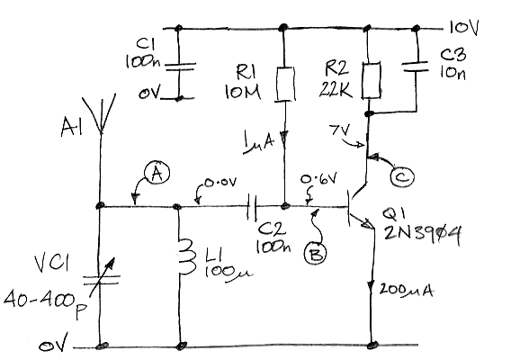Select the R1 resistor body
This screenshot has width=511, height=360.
pos(285,84)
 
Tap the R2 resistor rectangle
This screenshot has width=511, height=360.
pos(372,80)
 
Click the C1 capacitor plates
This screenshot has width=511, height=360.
pos(179,67)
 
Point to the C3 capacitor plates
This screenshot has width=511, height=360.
pos(415,67)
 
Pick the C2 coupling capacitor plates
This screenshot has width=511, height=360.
pos(252,207)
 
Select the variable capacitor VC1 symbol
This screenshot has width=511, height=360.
pos(101,279)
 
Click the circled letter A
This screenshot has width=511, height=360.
pos(157,173)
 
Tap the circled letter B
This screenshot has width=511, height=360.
pos(315,254)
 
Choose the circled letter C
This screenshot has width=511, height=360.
pos(402,177)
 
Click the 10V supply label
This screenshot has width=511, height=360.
pos(463,28)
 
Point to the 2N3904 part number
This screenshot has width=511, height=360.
pos(423,234)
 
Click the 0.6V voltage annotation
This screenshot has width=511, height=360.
pos(318,180)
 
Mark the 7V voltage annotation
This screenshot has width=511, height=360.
pos(339,130)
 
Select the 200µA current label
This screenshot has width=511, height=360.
pos(407,290)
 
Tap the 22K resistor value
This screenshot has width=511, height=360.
pos(336,89)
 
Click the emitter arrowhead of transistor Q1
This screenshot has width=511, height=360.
pos(368,224)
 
